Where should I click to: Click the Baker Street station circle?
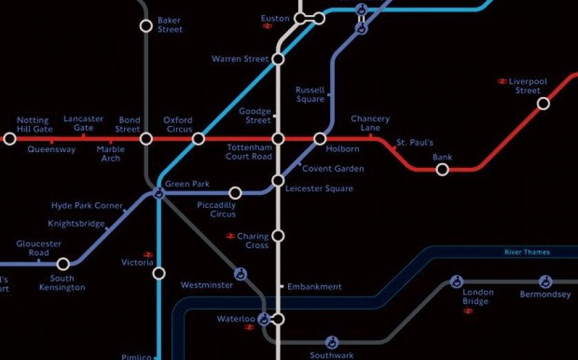point(146,26)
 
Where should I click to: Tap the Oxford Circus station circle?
point(198,139)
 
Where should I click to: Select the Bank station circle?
point(442,169)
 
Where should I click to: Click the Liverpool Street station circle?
point(543,104)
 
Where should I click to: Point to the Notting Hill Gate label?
point(34,125)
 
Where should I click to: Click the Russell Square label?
point(310,94)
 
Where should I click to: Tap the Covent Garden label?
point(333,169)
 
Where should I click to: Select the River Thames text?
point(527,252)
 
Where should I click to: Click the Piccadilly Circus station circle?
point(235,193)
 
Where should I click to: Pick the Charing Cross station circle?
point(278,235)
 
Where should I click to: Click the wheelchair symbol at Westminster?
point(240,274)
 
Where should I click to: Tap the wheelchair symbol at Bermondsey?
point(545,282)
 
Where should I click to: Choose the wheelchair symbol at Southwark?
point(331,342)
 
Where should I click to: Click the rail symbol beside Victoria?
point(147,254)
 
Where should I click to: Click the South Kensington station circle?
point(63,264)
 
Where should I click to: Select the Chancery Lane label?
point(370,123)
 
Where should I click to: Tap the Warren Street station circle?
point(278,59)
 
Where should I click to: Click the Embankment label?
point(314,286)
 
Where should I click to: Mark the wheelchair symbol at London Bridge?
point(456,282)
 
